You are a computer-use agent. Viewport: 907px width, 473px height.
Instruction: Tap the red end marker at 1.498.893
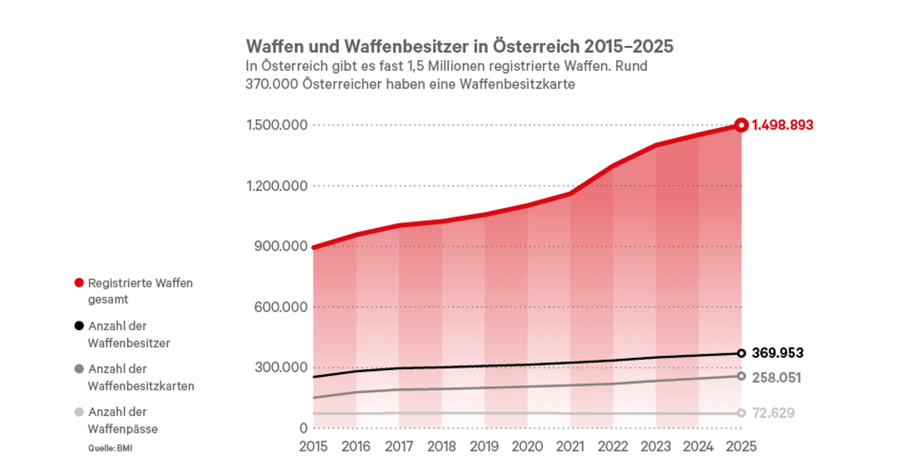point(741,125)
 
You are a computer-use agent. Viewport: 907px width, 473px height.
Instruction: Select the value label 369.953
point(778,353)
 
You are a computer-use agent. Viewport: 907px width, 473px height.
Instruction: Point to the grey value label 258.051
point(776,378)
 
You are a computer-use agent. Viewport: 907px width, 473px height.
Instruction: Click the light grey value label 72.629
point(773,413)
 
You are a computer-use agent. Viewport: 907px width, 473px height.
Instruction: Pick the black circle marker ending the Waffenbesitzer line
point(741,353)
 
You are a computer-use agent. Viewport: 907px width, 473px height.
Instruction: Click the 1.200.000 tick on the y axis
point(277,186)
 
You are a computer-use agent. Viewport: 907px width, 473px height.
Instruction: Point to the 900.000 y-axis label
point(281,246)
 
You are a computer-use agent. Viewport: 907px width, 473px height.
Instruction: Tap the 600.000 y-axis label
point(281,307)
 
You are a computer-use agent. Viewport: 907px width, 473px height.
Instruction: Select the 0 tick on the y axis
point(303,428)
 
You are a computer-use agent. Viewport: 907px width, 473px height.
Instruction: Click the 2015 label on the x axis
point(313,446)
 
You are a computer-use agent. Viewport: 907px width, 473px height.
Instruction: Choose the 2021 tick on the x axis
point(570,446)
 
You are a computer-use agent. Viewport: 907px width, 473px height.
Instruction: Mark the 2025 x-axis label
point(741,446)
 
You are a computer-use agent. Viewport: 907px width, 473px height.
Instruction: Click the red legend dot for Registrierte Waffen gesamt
point(79,283)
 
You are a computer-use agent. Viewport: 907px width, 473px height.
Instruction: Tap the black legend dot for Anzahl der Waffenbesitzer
point(79,326)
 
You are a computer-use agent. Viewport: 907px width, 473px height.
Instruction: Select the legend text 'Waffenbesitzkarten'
point(141,386)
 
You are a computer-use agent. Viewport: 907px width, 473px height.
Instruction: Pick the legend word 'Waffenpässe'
point(123,429)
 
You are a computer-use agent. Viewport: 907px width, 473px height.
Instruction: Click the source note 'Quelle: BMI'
point(110,448)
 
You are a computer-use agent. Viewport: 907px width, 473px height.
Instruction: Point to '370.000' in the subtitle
point(272,84)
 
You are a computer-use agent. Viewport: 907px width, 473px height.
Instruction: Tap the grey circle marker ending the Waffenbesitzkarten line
point(741,376)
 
